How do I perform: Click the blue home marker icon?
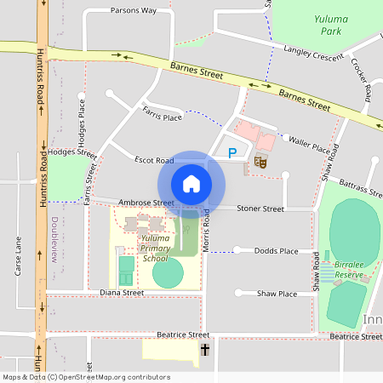click(191, 184)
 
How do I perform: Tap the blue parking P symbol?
click(232, 152)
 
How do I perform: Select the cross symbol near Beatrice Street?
click(204, 350)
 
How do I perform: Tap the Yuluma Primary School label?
click(156, 249)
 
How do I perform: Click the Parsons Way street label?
click(134, 11)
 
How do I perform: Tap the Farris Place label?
click(163, 114)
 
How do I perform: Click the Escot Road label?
click(154, 160)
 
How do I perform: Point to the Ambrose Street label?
click(146, 203)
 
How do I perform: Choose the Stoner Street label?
click(260, 209)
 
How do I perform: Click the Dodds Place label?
click(277, 251)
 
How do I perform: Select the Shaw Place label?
click(277, 294)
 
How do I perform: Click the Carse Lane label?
click(19, 256)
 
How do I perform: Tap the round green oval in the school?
click(168, 273)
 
